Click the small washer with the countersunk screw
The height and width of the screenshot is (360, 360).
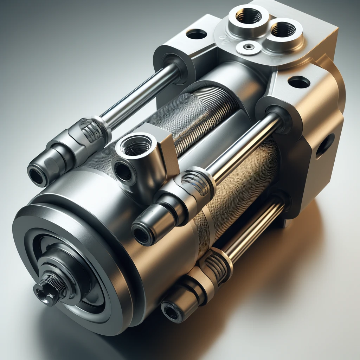click(x=249, y=47)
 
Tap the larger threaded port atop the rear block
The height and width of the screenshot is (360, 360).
click(x=249, y=16)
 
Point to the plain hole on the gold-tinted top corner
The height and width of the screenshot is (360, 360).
click(x=299, y=82)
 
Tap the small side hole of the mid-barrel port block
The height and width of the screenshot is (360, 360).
click(x=123, y=172)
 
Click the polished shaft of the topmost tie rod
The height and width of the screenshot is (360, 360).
click(x=141, y=95)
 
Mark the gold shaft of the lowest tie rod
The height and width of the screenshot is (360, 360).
click(x=253, y=229)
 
